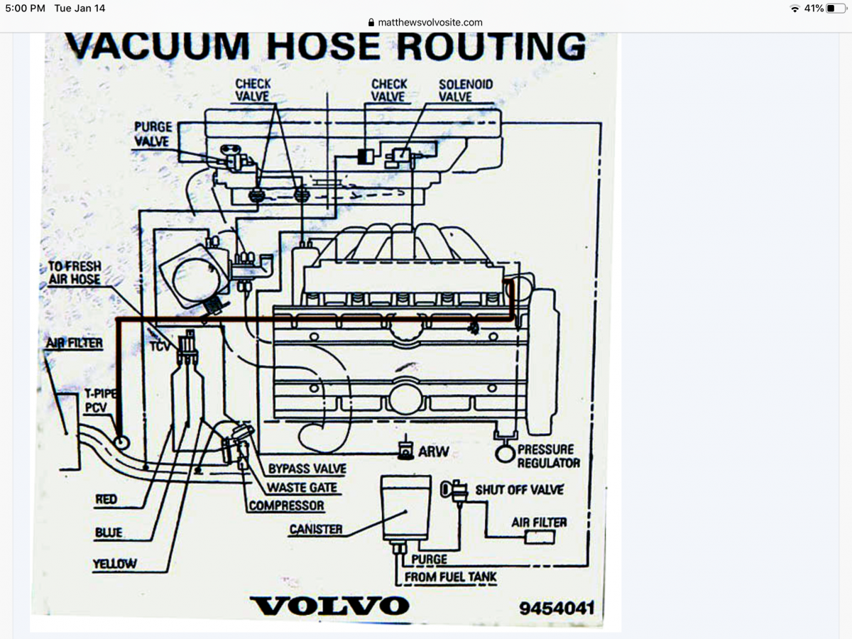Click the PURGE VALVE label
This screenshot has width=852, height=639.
[152, 134]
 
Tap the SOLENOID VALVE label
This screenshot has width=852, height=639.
[465, 90]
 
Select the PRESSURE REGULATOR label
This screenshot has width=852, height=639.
[548, 456]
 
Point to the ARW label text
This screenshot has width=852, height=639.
[433, 451]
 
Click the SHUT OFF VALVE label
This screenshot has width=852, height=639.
[519, 489]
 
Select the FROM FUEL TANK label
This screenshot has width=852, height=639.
[450, 577]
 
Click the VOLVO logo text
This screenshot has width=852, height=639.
[330, 606]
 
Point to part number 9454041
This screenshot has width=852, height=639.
[556, 608]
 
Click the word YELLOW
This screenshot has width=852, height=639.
[114, 564]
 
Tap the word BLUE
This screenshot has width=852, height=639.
[109, 532]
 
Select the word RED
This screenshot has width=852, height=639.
[106, 500]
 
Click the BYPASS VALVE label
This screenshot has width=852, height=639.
[307, 469]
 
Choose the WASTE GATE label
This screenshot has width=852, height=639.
[302, 488]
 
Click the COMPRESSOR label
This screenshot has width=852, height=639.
[287, 506]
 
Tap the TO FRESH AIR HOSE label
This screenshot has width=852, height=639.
[74, 273]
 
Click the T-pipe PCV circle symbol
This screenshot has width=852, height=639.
[121, 442]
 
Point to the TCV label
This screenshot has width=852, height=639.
[160, 347]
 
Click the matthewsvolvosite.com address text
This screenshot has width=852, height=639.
[430, 22]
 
